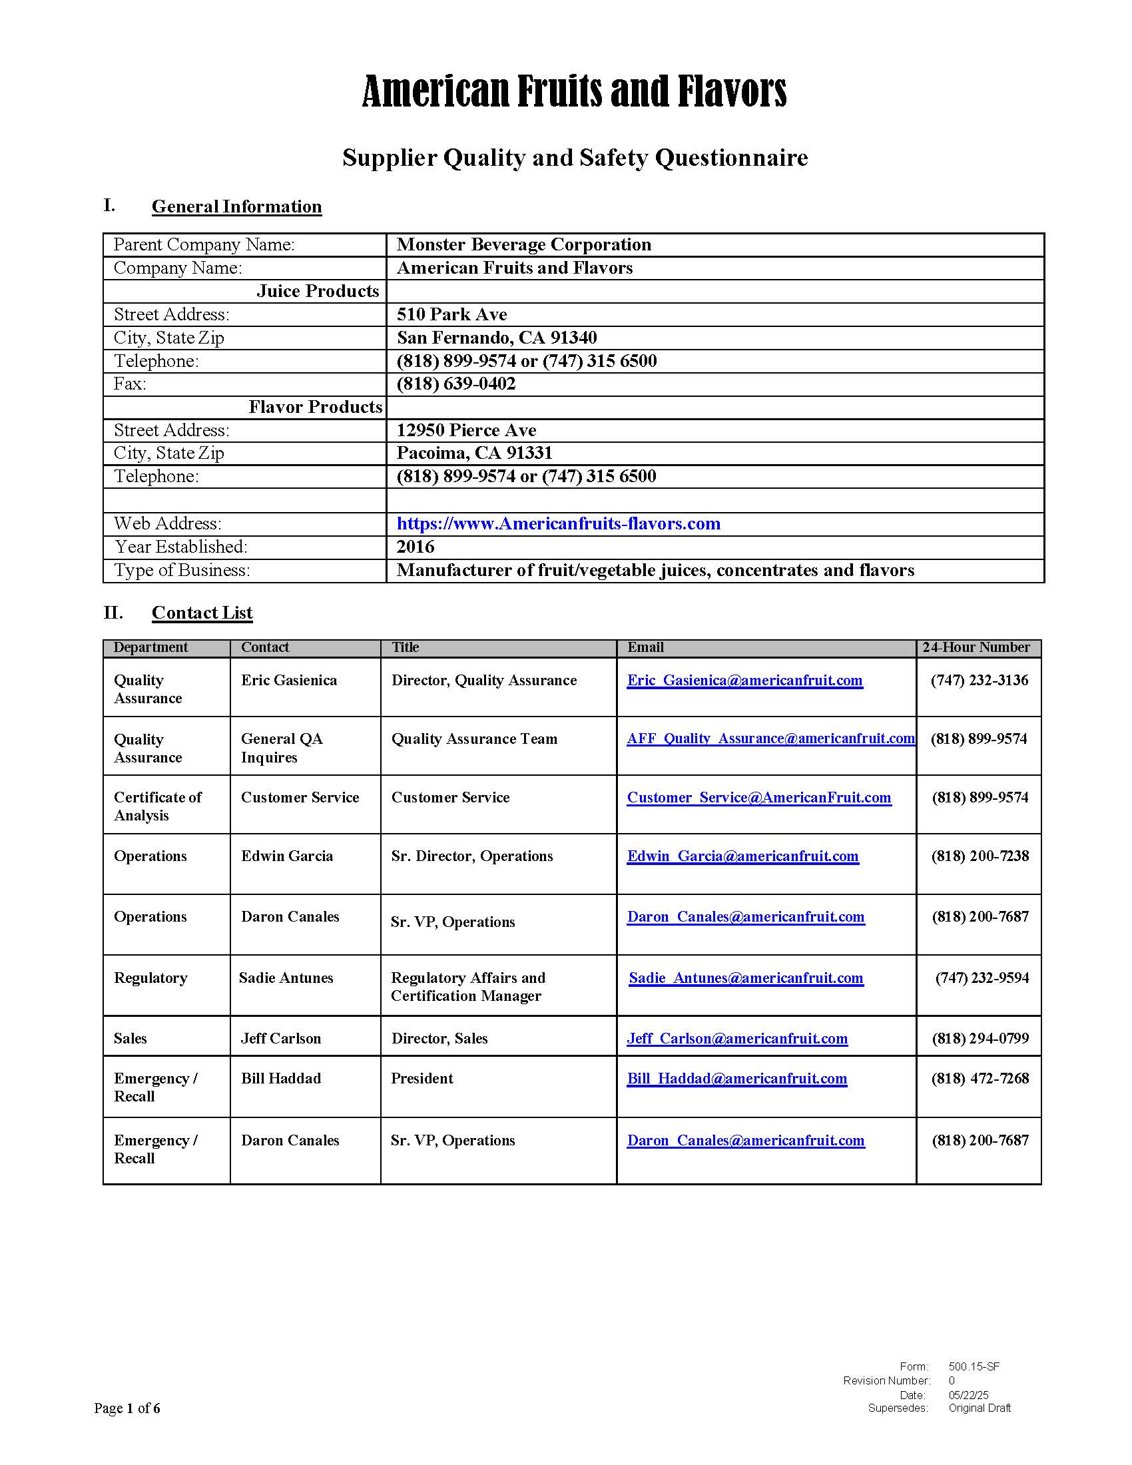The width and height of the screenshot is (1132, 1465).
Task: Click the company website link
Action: point(558,524)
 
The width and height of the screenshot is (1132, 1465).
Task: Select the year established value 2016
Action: point(415,547)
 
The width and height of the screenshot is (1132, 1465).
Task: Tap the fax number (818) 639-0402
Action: point(456,384)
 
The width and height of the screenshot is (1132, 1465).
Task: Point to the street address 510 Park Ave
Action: point(451,314)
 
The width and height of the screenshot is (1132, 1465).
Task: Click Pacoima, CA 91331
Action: point(474,453)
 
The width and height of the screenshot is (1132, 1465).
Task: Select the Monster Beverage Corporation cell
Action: point(524,245)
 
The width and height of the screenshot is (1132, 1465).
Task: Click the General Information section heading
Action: point(236,206)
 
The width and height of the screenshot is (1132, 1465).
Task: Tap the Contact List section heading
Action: point(202,613)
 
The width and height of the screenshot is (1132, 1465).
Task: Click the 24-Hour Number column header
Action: point(976,647)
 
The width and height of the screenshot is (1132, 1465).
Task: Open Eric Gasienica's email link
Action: point(744,680)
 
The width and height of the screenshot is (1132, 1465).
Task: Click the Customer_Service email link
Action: point(758,798)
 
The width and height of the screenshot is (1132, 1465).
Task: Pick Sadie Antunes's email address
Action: point(746,978)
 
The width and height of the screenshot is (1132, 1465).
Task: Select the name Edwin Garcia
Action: point(287,856)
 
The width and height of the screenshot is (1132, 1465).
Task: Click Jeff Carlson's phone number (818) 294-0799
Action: point(980,1038)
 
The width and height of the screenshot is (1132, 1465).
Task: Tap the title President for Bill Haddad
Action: point(422,1079)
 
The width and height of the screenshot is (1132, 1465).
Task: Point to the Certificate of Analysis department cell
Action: point(158,806)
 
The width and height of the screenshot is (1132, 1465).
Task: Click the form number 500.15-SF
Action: point(974,1366)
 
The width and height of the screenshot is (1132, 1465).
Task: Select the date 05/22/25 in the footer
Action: point(968,1394)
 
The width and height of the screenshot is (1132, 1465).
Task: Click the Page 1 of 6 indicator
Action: point(127,1408)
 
